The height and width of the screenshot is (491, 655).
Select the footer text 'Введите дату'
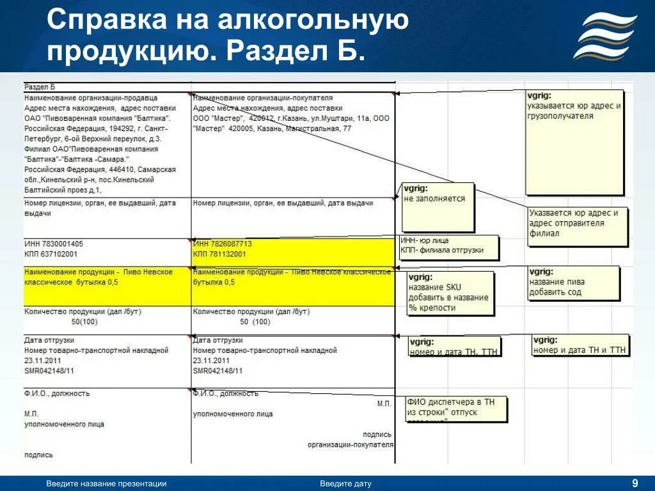[x=345, y=484]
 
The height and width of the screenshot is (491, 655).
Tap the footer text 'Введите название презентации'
[x=106, y=484]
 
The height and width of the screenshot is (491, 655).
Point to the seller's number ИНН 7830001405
[x=54, y=244]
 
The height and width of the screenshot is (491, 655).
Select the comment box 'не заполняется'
[x=438, y=207]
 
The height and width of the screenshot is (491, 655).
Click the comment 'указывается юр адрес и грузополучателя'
[x=574, y=141]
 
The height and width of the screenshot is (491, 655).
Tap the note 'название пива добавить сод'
[x=574, y=282]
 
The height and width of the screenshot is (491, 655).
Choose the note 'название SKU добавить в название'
[x=450, y=293]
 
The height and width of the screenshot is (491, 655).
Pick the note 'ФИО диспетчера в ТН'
[x=455, y=408]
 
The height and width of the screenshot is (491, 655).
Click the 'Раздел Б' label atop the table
[x=40, y=86]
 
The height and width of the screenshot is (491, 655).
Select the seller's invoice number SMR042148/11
[x=49, y=371]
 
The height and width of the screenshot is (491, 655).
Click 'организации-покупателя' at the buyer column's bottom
[x=350, y=444]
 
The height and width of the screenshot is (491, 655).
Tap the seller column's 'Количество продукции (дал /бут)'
[x=83, y=311]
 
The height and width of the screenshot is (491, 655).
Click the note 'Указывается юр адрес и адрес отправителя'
[x=578, y=223]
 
